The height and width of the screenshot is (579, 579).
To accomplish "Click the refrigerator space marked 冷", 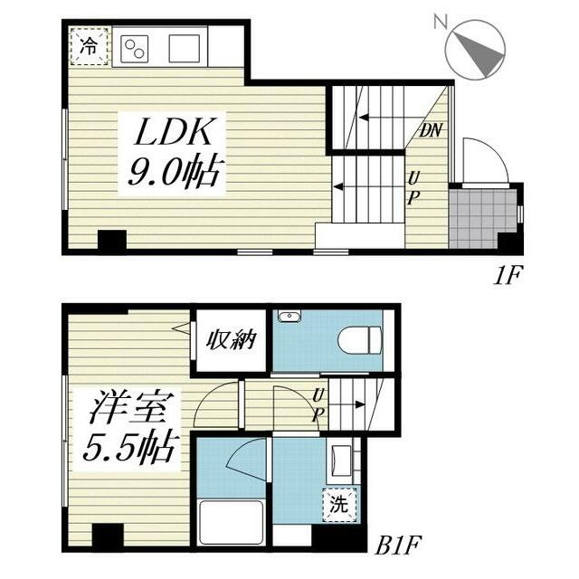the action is [90, 46].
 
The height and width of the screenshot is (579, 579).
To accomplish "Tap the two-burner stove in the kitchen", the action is [135, 49].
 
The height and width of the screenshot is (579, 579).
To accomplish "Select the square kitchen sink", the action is [185, 48].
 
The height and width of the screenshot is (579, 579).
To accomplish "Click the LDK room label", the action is [175, 131].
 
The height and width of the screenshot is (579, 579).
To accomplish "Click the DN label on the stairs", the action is [431, 130].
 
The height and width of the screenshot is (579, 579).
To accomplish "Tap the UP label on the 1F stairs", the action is [413, 189].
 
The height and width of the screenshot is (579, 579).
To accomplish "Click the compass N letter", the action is [441, 22].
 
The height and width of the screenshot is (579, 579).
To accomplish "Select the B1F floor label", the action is [398, 546].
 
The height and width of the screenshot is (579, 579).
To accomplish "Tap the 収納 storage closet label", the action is [232, 340].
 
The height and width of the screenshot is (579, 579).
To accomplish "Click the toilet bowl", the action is [359, 340].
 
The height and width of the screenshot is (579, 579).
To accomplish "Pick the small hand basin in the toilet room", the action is [289, 317].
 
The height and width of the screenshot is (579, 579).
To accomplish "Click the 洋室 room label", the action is [127, 408].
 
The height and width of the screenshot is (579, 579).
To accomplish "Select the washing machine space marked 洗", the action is [339, 505].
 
